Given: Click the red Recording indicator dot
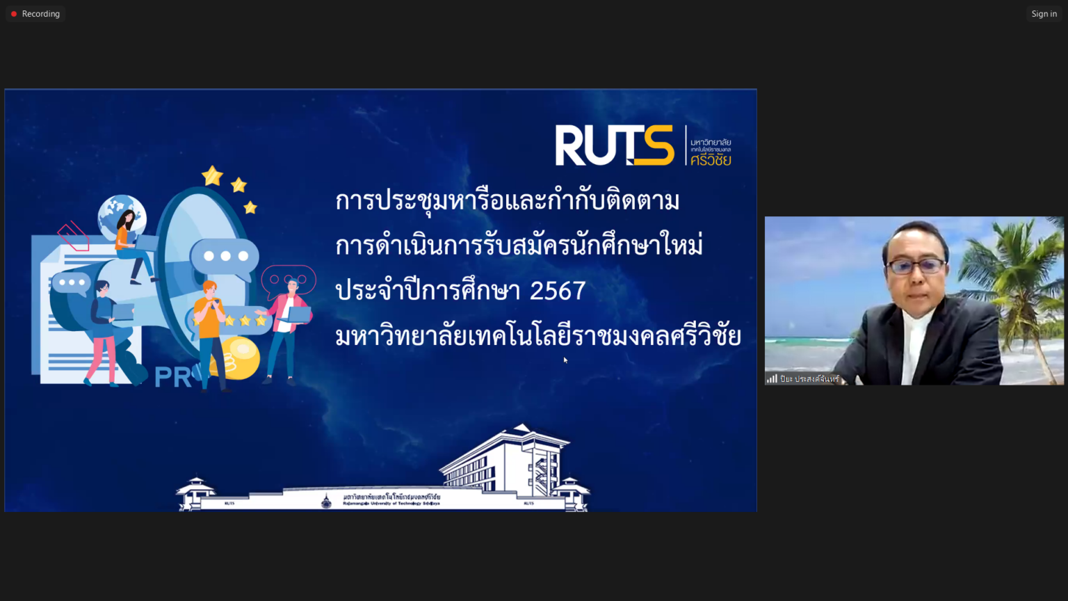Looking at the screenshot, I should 14,14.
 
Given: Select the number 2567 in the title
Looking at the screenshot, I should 558,291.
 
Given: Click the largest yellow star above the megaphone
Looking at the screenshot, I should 212,176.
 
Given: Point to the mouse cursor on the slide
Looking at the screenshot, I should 565,360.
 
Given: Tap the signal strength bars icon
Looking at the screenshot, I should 772,378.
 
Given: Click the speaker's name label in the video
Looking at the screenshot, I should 809,379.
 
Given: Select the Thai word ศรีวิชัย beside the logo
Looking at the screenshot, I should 711,160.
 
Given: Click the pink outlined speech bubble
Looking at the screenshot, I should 287,279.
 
